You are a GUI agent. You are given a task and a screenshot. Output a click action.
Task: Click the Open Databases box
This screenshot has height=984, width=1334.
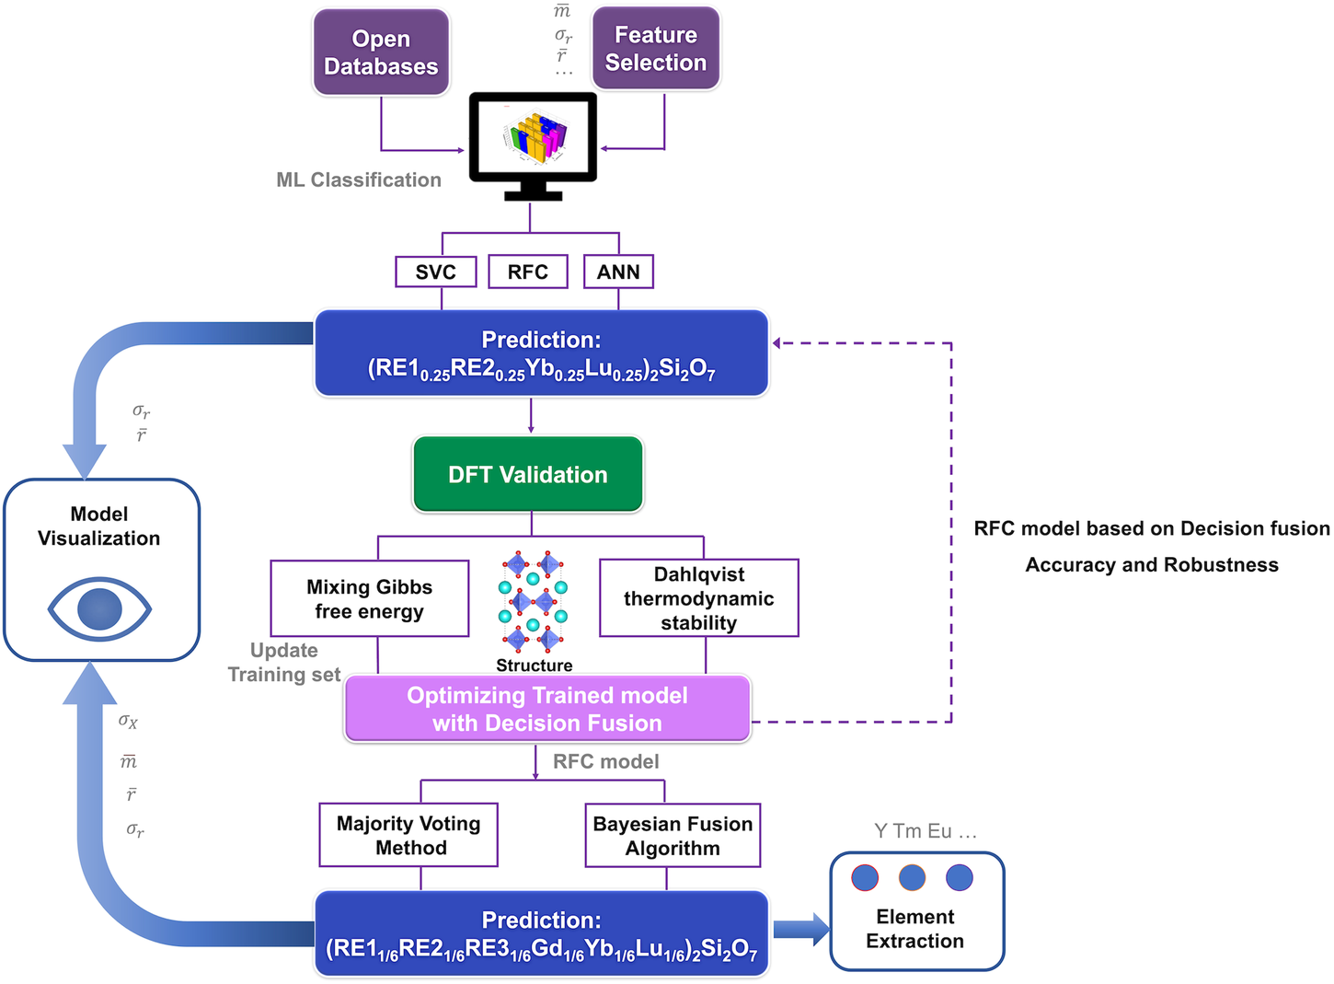pos(381,52)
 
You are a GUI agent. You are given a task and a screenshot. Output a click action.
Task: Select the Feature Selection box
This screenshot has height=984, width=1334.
pos(655,49)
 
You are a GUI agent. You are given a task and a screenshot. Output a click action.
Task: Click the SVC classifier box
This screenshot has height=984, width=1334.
pos(436,272)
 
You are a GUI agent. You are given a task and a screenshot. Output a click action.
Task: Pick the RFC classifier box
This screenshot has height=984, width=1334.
pos(527,272)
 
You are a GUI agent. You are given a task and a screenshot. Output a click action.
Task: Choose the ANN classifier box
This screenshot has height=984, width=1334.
pos(618,272)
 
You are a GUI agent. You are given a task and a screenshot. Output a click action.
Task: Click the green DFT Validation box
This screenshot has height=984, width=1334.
pos(528,475)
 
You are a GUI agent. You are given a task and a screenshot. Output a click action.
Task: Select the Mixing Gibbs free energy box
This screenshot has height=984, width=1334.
pos(370,599)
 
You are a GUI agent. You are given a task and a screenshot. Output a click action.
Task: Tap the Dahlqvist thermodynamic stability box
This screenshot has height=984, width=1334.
pos(698,598)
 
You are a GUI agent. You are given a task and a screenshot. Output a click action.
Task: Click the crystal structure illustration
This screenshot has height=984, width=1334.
pos(534,602)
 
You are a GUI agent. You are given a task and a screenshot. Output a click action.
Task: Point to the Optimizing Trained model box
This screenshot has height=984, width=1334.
pos(547,709)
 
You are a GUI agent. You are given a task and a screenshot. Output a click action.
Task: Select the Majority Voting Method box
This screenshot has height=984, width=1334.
pos(408,836)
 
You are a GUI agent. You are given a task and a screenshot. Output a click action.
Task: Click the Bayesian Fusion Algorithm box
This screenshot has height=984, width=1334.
pos(673,836)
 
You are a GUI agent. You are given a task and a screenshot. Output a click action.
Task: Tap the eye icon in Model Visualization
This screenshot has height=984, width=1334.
pos(99,609)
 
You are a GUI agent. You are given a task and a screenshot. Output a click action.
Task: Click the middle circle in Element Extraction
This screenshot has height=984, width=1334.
pos(912,877)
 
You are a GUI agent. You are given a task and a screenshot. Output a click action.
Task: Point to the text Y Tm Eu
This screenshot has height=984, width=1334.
pos(925,831)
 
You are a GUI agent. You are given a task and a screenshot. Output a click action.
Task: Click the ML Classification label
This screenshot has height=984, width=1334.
pos(359,180)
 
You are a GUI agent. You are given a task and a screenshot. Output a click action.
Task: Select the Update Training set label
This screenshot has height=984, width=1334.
pos(284,663)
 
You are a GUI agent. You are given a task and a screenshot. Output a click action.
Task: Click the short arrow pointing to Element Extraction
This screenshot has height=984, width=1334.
pos(800,929)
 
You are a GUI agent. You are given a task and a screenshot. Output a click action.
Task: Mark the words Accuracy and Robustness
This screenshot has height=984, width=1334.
pos(1152,565)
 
